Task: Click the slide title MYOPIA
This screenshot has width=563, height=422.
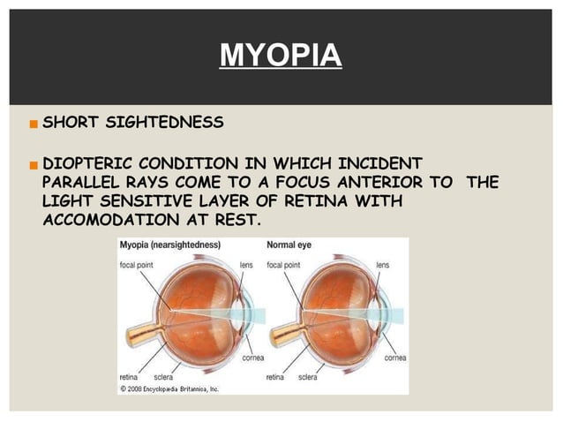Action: tap(280, 56)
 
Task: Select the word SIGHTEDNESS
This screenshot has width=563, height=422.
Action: tap(162, 123)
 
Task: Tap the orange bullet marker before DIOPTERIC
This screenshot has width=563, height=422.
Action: tap(34, 164)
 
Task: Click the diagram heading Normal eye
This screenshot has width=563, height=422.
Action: tap(297, 247)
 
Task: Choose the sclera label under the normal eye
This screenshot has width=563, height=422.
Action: tap(307, 376)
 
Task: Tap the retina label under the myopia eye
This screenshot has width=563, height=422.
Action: tap(131, 376)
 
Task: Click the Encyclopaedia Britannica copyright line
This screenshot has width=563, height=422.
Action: tap(169, 388)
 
